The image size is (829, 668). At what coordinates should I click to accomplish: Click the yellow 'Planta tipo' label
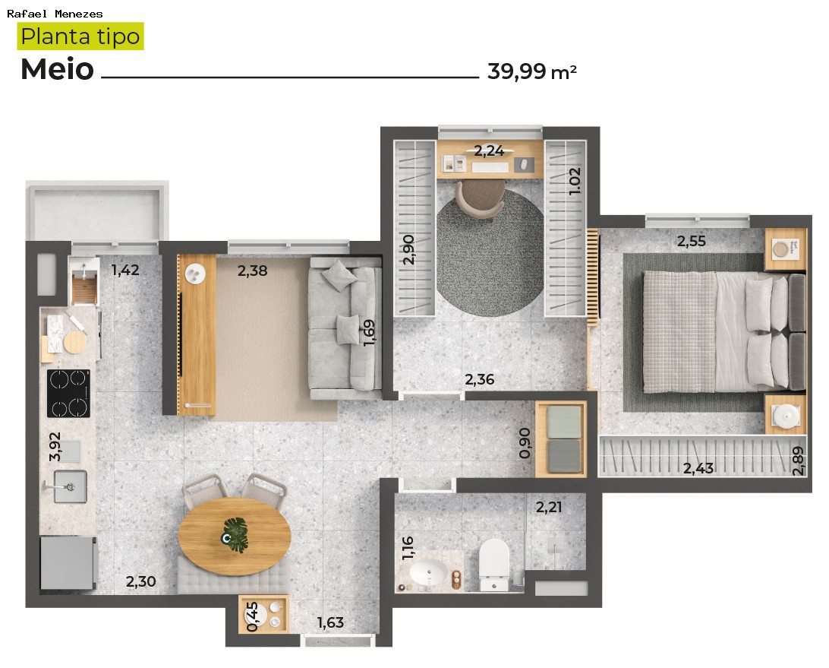click(80, 36)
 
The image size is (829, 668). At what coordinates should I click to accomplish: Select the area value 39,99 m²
click(531, 71)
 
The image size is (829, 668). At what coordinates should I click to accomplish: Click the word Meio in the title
click(57, 70)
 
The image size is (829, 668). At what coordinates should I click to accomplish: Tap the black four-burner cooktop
click(68, 393)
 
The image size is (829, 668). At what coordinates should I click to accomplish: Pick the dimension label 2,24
click(489, 150)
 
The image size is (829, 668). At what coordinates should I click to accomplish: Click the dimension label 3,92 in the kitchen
click(55, 447)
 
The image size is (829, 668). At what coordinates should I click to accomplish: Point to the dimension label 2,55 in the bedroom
click(692, 242)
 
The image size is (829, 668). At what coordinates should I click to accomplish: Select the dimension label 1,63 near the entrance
click(330, 622)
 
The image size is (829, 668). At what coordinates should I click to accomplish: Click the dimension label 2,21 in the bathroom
click(549, 507)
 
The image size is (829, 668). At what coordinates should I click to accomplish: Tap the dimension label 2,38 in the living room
click(252, 270)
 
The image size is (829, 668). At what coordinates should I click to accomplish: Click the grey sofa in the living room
click(345, 327)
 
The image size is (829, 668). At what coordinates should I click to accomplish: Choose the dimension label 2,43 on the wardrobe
click(698, 468)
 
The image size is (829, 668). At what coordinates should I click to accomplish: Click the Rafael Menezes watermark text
click(55, 14)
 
